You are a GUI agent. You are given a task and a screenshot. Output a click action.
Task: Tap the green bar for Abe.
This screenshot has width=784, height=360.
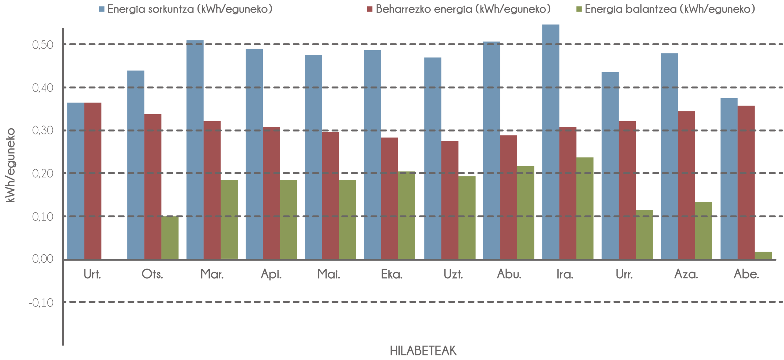[x=763, y=255]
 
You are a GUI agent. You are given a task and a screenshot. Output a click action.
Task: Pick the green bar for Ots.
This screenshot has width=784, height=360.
[x=170, y=238]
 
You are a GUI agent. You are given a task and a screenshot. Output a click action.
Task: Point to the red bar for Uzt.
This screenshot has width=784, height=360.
[x=450, y=200]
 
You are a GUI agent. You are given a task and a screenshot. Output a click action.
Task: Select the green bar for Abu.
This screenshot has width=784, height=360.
[x=526, y=212]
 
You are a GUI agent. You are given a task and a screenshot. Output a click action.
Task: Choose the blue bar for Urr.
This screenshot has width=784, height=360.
[x=610, y=166]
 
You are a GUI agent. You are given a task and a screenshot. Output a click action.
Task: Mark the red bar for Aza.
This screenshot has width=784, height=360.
[x=687, y=185]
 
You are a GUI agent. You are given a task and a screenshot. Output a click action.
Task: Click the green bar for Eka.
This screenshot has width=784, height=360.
[x=407, y=215]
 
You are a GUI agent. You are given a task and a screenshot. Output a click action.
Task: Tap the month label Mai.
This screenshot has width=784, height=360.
[x=329, y=275]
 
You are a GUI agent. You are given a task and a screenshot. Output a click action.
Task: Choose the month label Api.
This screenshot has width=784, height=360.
[x=271, y=275]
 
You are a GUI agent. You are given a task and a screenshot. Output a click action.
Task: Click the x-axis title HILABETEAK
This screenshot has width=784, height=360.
[x=423, y=351]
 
